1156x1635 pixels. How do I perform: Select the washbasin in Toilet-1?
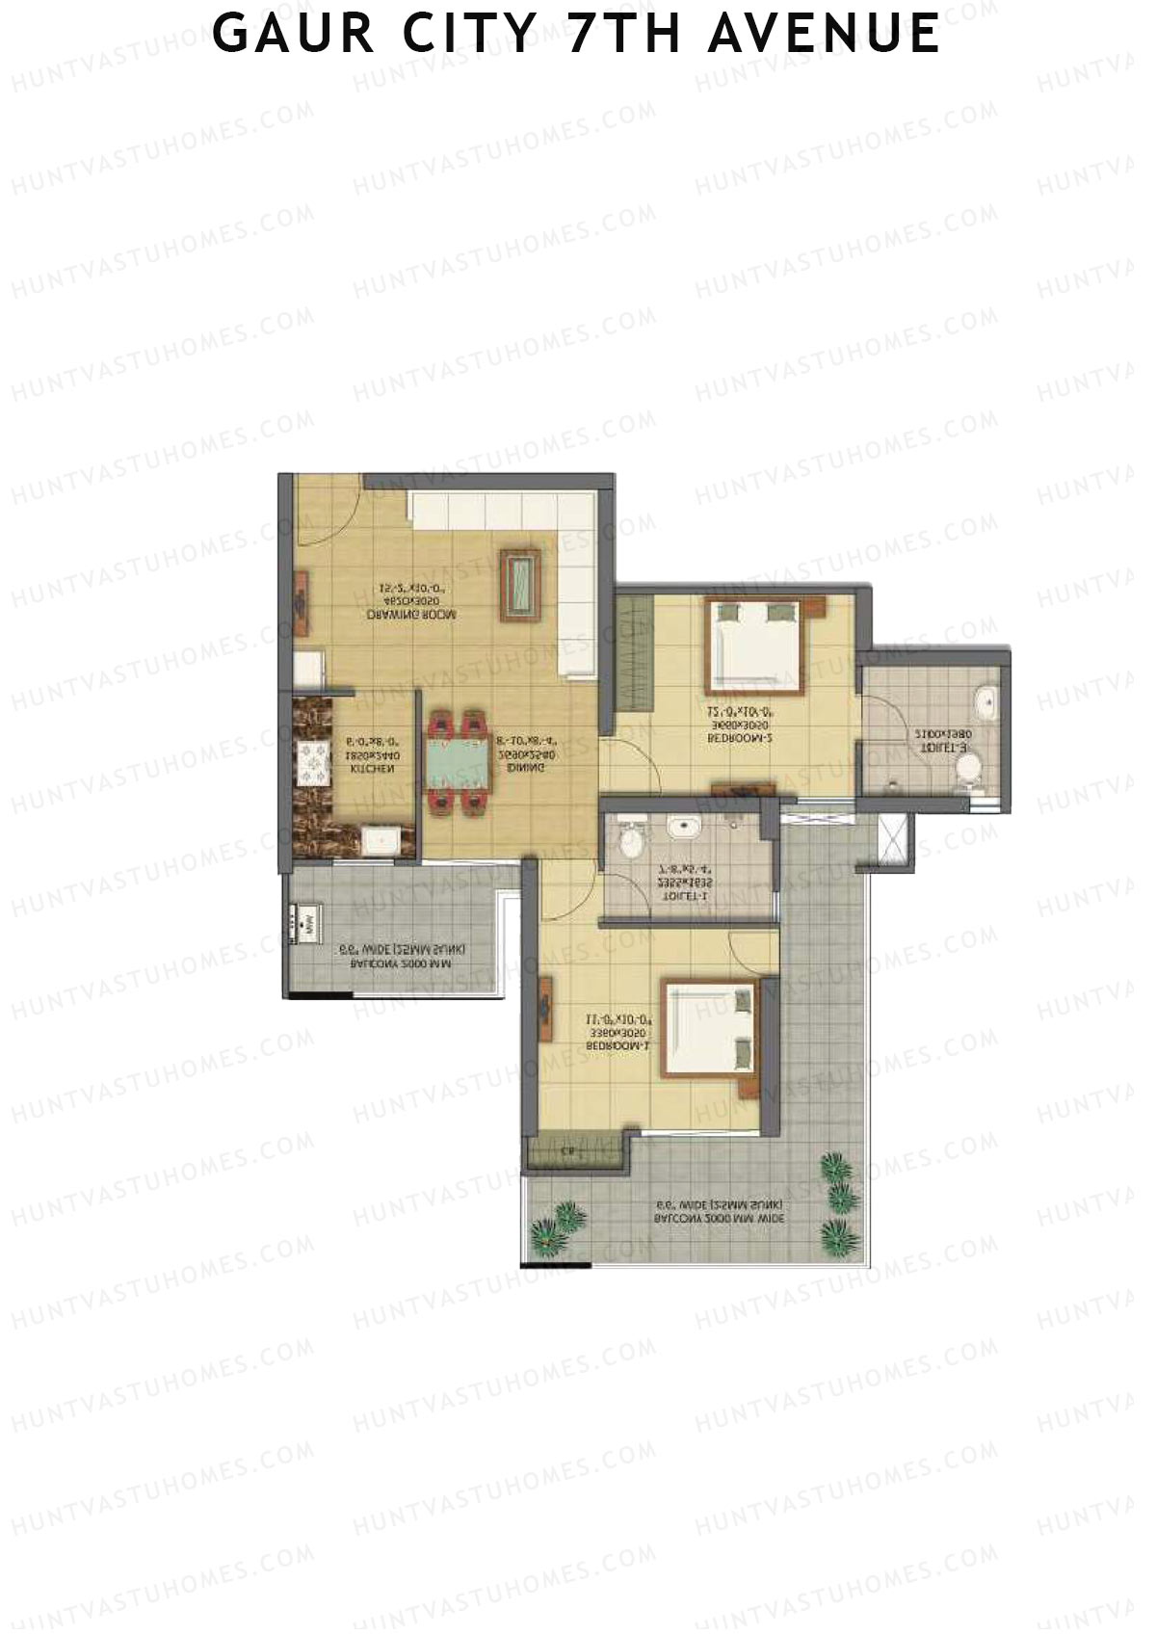pos(684,826)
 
